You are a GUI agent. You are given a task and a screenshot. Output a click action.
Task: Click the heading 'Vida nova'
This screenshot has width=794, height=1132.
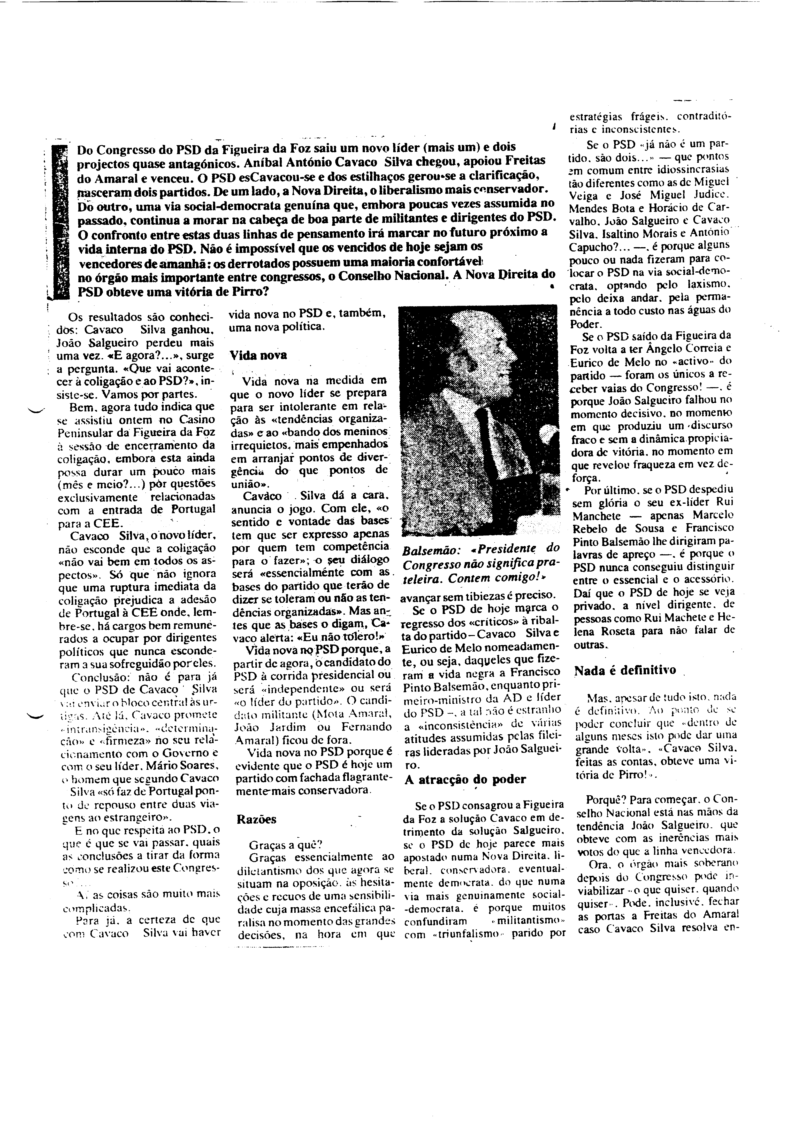259,355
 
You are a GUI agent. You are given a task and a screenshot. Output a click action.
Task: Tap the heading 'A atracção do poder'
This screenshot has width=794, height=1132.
465,779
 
